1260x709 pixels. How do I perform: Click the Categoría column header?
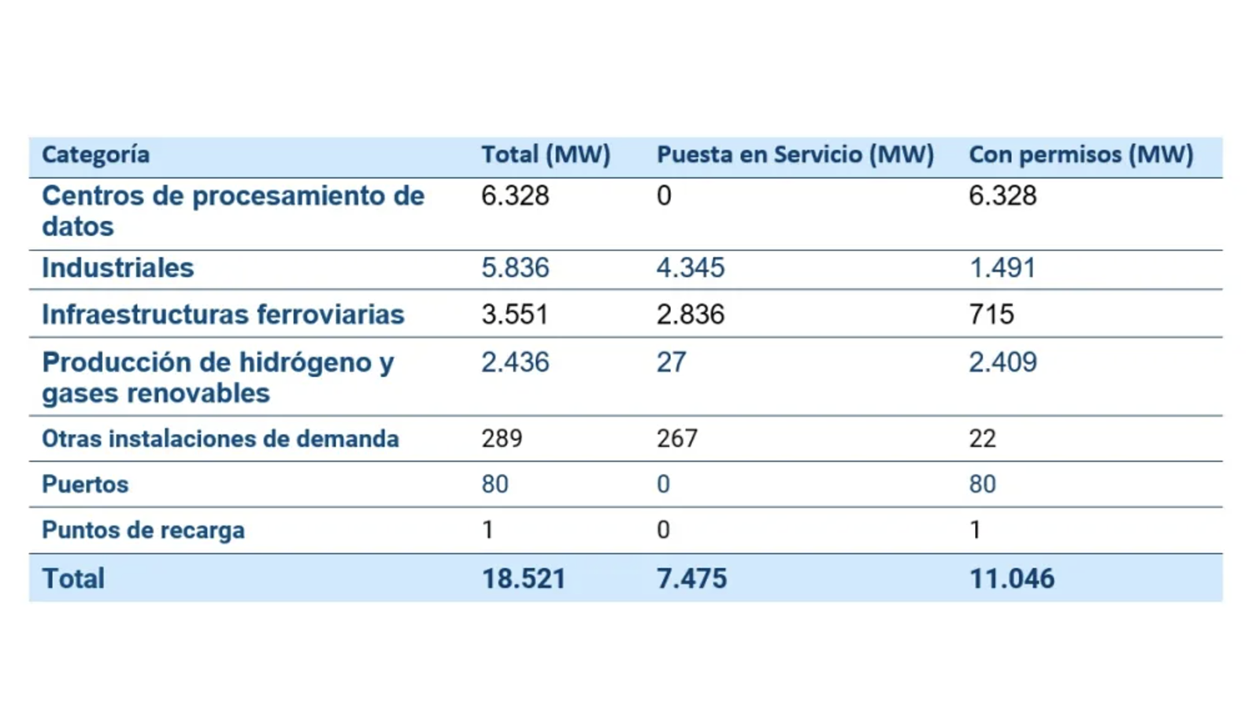tap(95, 154)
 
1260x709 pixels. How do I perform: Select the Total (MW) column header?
tap(546, 154)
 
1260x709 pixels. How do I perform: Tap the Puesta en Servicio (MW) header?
tap(795, 154)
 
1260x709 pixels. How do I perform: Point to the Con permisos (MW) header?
tap(1080, 154)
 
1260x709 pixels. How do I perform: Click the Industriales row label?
tap(117, 268)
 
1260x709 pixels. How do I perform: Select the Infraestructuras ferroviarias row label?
tap(224, 314)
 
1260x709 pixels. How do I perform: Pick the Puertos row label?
tap(86, 484)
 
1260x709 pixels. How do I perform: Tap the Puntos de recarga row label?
tap(143, 531)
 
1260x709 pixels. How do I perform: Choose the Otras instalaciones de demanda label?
tap(220, 439)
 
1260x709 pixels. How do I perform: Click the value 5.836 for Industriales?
tap(515, 268)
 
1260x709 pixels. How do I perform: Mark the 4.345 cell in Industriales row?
tap(691, 268)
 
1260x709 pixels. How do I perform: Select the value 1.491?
tap(1002, 268)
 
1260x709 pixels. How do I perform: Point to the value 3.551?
tap(515, 314)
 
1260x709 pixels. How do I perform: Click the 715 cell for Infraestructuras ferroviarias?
tap(991, 314)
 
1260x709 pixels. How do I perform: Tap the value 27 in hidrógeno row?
tap(672, 362)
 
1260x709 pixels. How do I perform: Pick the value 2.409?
tap(1003, 362)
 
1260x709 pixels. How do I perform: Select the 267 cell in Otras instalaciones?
tap(677, 438)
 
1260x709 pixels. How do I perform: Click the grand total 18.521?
tap(524, 579)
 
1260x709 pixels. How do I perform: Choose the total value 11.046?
tap(1012, 579)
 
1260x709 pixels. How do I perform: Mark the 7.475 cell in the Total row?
tap(692, 579)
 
